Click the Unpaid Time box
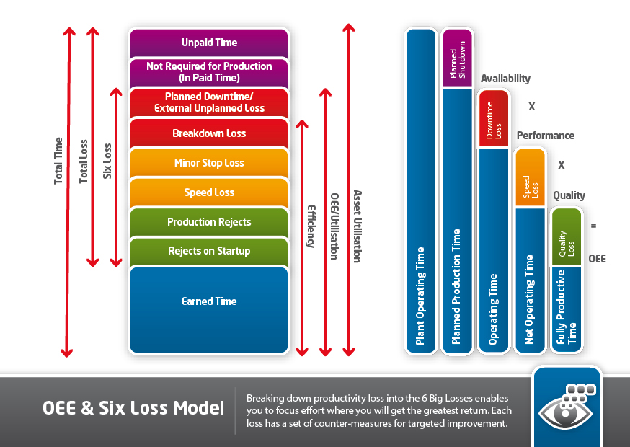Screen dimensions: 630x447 [x=209, y=43]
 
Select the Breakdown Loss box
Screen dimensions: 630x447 [x=209, y=133]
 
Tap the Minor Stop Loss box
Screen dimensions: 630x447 [x=209, y=163]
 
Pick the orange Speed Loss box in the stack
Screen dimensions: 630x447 [x=209, y=192]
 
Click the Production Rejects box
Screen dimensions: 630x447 [x=209, y=222]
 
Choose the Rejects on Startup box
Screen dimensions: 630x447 [x=209, y=251]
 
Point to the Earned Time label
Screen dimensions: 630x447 [x=209, y=301]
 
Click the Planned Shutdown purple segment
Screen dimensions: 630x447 [x=457, y=58]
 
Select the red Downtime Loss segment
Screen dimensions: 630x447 [x=494, y=119]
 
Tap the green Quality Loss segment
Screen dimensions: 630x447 [x=567, y=236]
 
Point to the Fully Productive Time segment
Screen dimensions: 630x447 [x=567, y=309]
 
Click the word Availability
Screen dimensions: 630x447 [x=505, y=79]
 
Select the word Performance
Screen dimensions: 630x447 [x=545, y=136]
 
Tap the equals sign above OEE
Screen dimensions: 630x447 [x=593, y=226]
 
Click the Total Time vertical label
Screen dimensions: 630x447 [x=58, y=161]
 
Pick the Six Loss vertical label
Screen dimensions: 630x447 [x=107, y=161]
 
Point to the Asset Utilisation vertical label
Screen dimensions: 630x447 [x=358, y=226]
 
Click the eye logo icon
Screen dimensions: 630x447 [x=567, y=408]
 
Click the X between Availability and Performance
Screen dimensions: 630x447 [x=531, y=107]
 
